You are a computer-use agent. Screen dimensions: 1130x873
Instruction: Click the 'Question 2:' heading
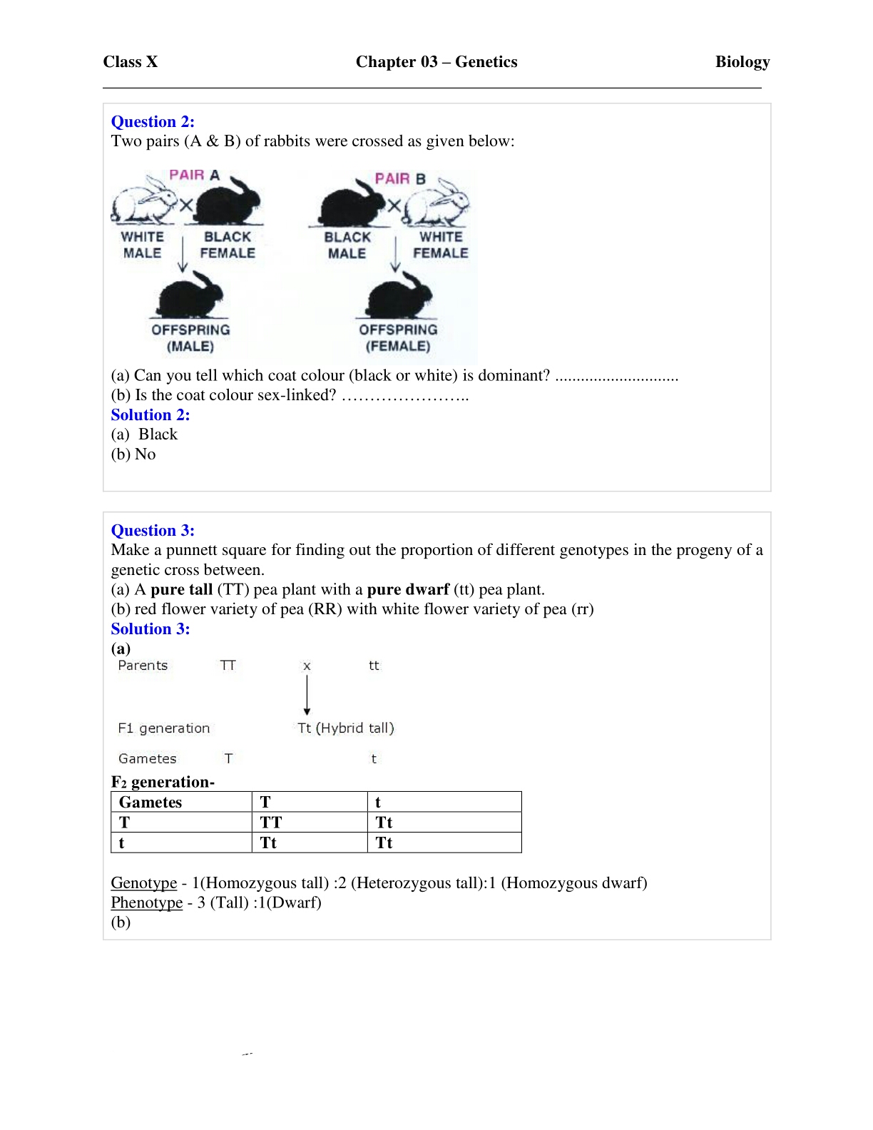click(x=153, y=121)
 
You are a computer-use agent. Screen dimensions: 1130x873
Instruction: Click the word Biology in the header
click(x=742, y=62)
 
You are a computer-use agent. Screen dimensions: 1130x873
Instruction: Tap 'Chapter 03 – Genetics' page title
click(x=436, y=62)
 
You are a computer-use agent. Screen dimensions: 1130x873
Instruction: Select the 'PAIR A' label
click(x=194, y=175)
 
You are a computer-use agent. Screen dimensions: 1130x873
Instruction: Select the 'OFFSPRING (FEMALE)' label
click(x=398, y=337)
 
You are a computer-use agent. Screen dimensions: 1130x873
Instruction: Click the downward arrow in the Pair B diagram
click(x=395, y=255)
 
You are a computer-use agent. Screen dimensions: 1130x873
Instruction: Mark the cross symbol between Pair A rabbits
click(x=186, y=205)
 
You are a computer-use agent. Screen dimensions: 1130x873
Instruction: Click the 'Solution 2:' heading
click(x=150, y=414)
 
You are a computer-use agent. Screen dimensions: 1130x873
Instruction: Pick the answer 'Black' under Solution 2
click(x=158, y=434)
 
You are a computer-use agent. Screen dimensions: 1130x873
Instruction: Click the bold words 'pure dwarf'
click(x=408, y=589)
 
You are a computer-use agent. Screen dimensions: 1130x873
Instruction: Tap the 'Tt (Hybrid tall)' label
click(x=346, y=728)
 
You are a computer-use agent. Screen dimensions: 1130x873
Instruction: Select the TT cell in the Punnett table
click(x=271, y=822)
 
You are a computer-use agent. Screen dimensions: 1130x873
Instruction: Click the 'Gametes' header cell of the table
click(x=150, y=802)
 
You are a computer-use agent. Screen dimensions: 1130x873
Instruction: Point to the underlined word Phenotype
click(x=147, y=902)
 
